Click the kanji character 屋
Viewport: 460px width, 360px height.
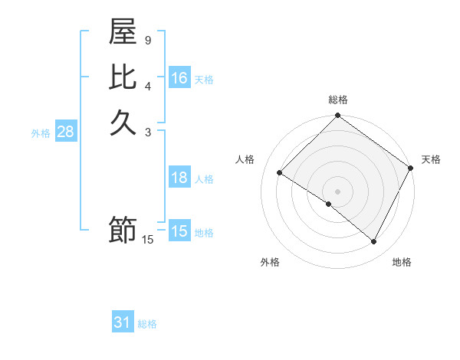click(123, 33)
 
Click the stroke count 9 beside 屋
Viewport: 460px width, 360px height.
click(148, 40)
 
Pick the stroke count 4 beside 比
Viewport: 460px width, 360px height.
click(148, 85)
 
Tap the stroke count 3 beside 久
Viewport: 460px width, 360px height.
click(148, 131)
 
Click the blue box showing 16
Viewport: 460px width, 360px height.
click(179, 77)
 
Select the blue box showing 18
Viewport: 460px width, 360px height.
click(179, 178)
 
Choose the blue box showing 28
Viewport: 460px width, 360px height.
click(65, 132)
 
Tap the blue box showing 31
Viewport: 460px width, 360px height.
click(123, 322)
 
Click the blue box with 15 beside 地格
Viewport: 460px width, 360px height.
click(179, 231)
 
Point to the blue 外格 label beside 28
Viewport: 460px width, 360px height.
click(41, 133)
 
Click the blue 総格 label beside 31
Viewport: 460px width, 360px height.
click(147, 324)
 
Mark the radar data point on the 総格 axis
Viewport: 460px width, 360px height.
click(337, 116)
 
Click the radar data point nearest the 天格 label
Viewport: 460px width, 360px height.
click(410, 168)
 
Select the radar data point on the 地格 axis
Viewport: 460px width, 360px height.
click(374, 242)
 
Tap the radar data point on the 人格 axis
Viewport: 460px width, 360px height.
click(280, 173)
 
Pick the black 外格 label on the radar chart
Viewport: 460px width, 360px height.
click(271, 263)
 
